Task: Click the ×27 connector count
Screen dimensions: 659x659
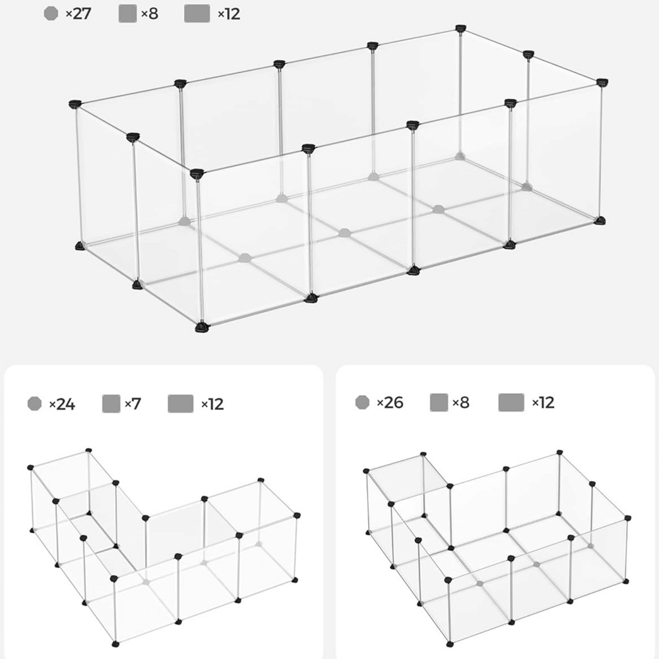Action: click(78, 13)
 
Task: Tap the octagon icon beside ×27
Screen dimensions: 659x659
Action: click(51, 13)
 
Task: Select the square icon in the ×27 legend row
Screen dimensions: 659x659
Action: click(127, 13)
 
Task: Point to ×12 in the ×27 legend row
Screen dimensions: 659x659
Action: click(229, 14)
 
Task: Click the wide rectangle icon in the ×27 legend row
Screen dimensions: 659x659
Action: click(197, 13)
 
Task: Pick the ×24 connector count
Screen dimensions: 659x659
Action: click(62, 405)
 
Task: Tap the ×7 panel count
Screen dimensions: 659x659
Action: click(133, 404)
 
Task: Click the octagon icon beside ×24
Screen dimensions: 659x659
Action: click(34, 403)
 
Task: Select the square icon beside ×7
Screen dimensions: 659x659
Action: click(111, 403)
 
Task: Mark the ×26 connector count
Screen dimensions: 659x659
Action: click(390, 403)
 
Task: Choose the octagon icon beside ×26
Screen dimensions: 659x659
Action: click(362, 402)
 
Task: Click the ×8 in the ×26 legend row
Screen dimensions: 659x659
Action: click(461, 403)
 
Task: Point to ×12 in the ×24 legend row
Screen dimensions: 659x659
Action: click(212, 405)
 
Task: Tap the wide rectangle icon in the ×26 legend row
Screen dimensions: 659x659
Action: click(511, 403)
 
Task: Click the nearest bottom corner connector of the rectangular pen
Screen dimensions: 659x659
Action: click(202, 327)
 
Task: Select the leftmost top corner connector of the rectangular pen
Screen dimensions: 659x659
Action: click(75, 104)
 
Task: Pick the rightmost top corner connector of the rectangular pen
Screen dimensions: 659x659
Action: click(603, 82)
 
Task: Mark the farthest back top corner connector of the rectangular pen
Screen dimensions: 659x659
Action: click(461, 28)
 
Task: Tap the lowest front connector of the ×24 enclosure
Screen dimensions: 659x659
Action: click(115, 644)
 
